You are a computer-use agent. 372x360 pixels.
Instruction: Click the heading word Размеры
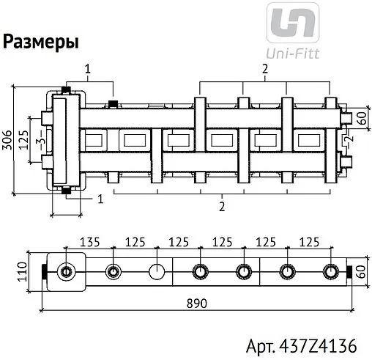pos(41,42)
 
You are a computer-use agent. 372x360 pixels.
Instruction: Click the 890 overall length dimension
pos(196,301)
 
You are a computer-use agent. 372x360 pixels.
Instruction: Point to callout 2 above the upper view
pos(264,68)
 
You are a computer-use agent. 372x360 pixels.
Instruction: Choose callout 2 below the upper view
pos(221,206)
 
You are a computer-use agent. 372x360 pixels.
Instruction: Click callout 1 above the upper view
pos(87,68)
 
